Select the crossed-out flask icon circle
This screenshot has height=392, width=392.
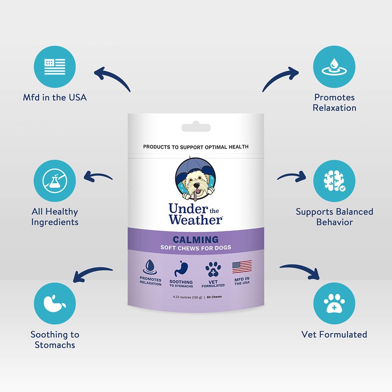tap(55, 181)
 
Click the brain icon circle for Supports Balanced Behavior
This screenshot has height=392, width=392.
tap(335, 181)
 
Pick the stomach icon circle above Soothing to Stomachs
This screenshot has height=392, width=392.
tap(55, 304)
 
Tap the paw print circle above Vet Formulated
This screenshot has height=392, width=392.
tap(335, 304)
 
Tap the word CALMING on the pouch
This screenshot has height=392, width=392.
tap(196, 240)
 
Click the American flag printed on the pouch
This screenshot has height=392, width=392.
tap(242, 268)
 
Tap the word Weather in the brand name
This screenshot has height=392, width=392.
tap(195, 220)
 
